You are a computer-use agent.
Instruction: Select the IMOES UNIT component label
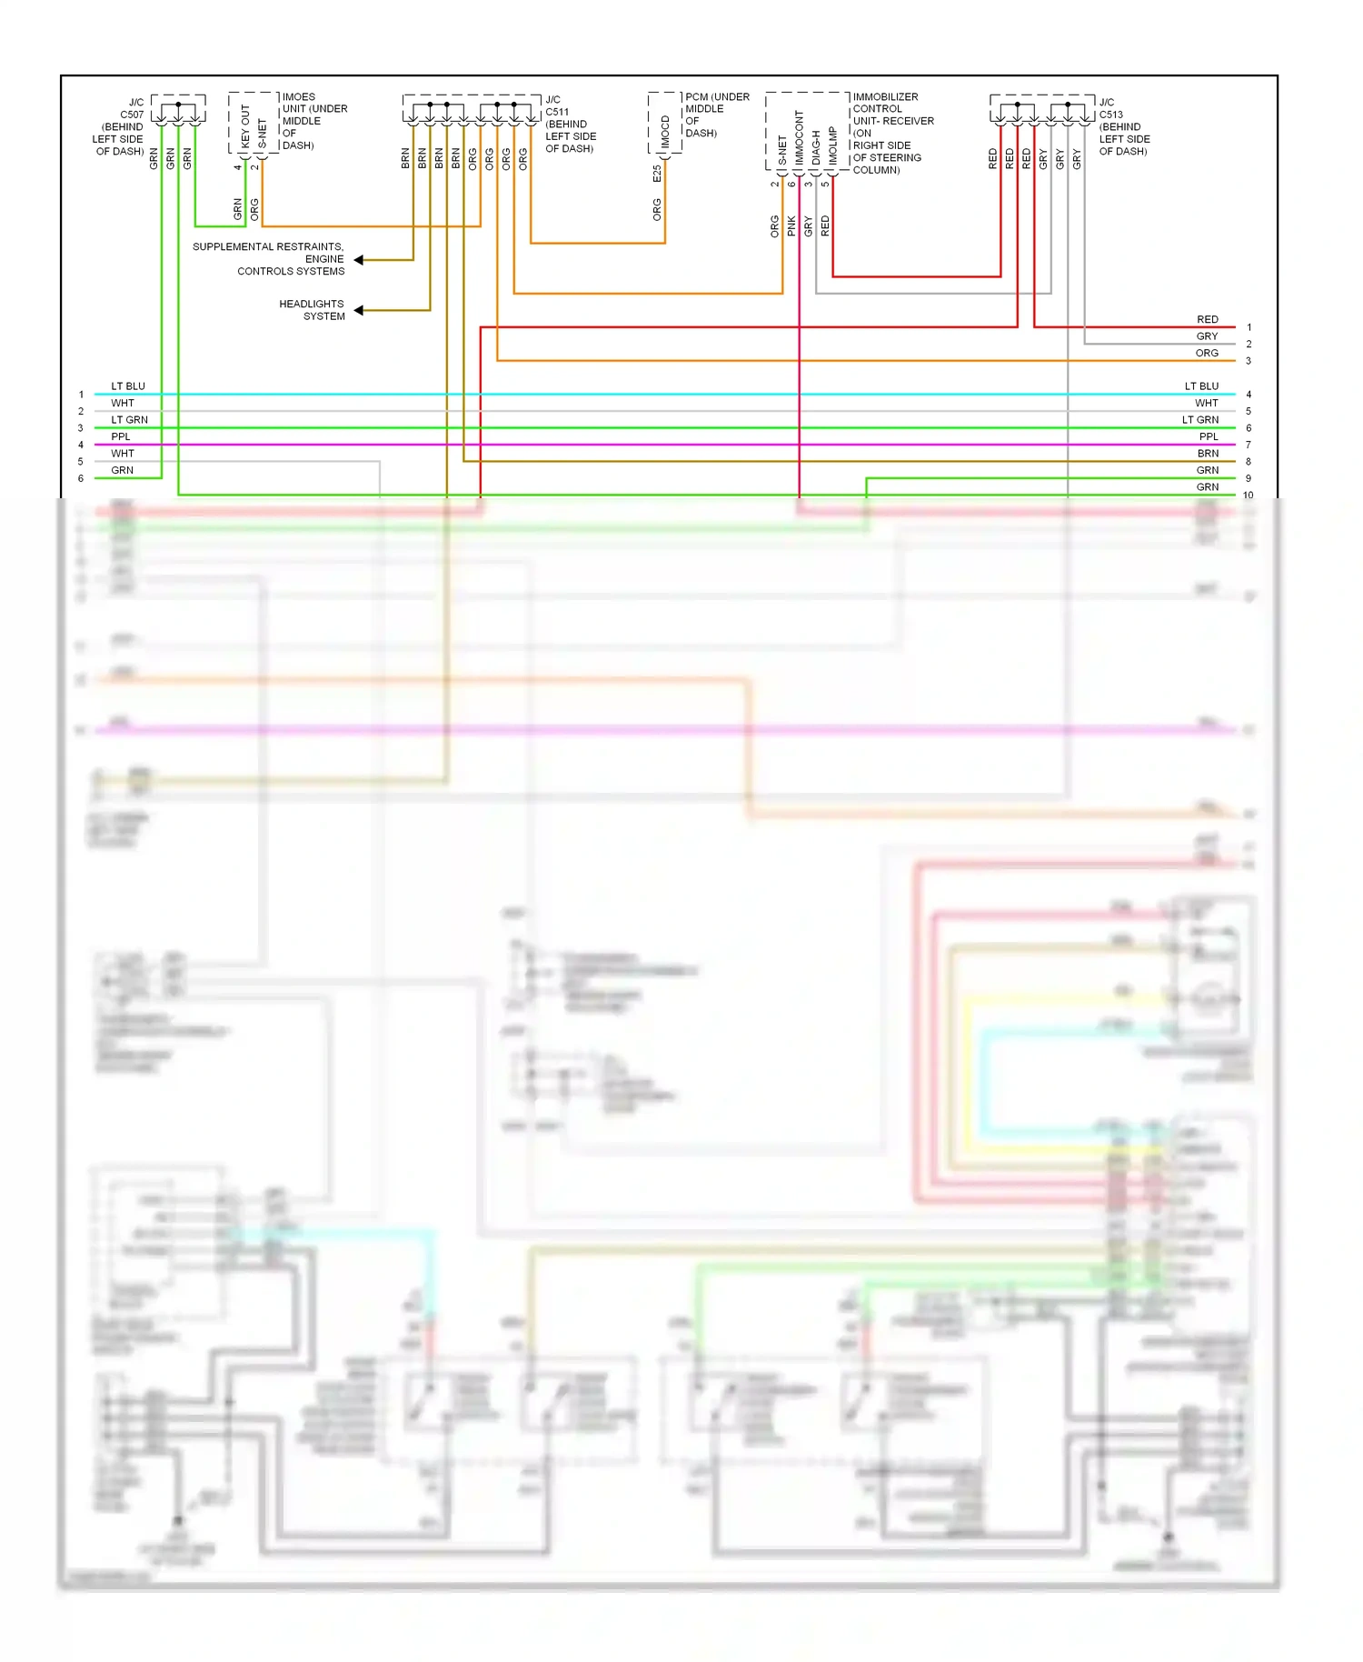coord(313,120)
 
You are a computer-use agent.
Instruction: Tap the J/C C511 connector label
coord(570,124)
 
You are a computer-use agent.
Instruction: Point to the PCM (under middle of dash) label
coord(716,115)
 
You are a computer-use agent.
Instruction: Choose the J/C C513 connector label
coord(1123,126)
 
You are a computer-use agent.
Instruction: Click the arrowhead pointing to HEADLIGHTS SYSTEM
coord(359,310)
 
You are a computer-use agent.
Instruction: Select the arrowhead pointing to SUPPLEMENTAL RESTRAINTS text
coord(359,260)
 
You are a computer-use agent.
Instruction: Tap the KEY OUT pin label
coord(245,126)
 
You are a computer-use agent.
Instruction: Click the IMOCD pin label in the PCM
coord(665,132)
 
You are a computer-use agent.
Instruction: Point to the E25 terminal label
coord(657,173)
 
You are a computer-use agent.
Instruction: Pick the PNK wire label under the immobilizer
coord(791,225)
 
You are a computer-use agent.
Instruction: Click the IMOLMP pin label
coord(832,145)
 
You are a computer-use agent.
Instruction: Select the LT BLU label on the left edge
coord(128,386)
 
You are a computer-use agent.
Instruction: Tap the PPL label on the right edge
coord(1208,436)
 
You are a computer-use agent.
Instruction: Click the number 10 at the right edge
coord(1248,496)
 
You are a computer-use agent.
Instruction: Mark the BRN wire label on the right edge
coord(1207,454)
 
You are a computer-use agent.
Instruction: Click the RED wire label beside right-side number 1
coord(1207,319)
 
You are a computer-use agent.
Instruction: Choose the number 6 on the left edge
coord(81,478)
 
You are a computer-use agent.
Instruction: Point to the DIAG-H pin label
coord(816,147)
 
